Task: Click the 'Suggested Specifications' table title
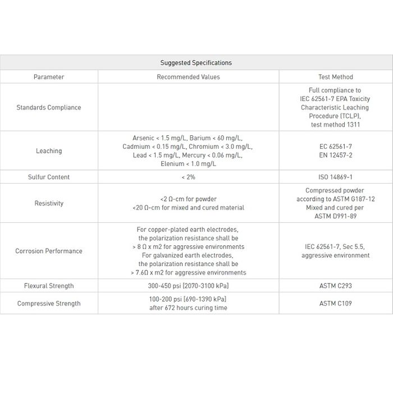196,63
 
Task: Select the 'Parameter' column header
49,77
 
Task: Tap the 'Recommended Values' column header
188,77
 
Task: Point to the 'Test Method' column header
335,77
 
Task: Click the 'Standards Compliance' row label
49,107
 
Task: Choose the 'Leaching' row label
49,150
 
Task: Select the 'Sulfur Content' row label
49,177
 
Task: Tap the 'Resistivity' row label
49,203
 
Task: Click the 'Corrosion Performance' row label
49,251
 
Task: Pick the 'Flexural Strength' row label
49,286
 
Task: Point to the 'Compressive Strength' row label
49,304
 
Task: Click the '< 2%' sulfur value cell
188,177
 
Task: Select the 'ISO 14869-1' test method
335,177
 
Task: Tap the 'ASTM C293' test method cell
335,286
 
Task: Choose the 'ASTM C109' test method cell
335,304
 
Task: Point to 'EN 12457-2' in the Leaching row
335,155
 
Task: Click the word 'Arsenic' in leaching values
144,138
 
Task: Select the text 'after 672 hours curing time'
188,308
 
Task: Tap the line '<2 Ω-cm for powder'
188,199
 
